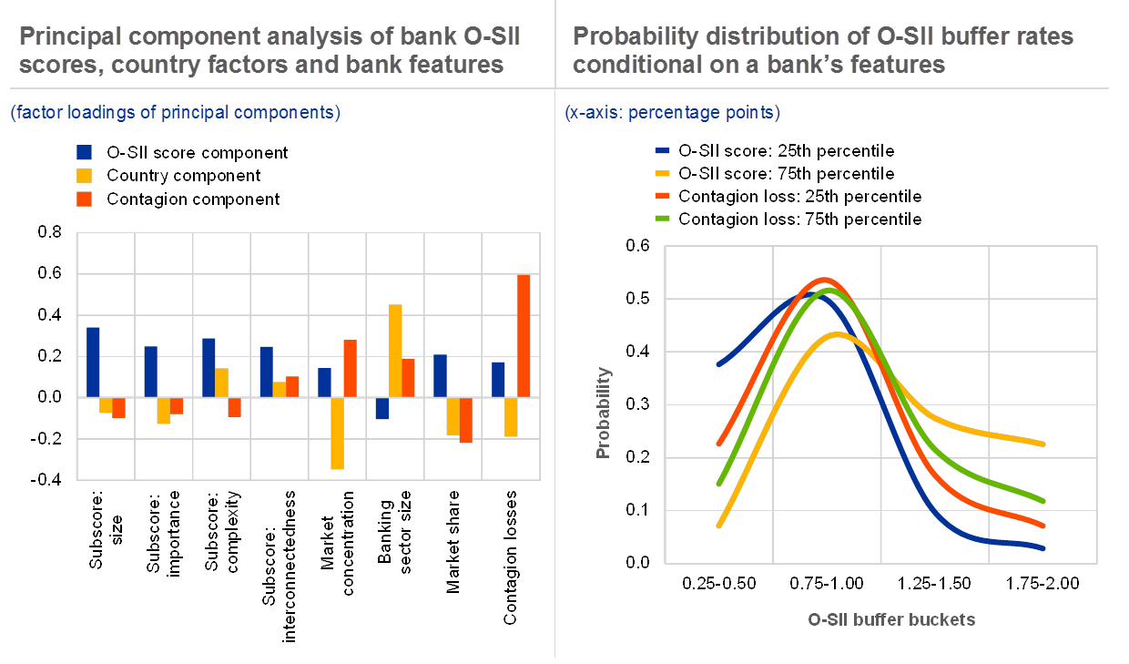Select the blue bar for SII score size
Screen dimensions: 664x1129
pos(93,362)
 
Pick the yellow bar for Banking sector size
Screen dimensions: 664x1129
pos(395,351)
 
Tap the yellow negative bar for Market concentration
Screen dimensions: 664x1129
pos(338,433)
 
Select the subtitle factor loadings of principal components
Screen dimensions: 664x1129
pos(175,113)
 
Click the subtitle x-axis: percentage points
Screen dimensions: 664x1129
pos(671,113)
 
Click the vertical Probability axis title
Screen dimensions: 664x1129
pos(603,412)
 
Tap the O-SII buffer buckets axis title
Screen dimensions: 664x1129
pos(891,619)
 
